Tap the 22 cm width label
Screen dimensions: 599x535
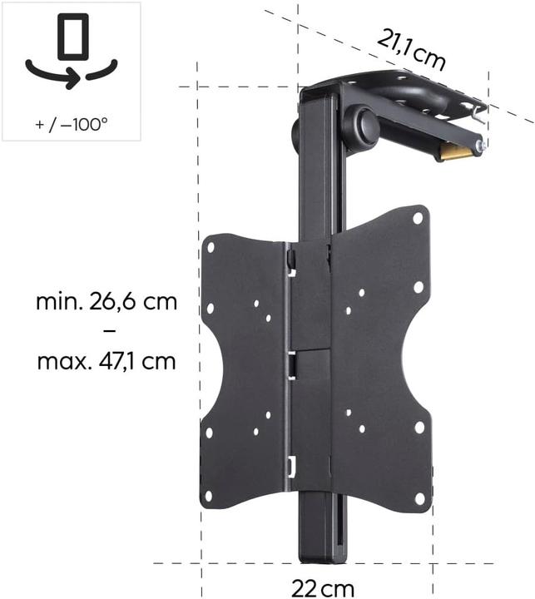[323, 588]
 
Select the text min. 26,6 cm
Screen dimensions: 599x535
[107, 301]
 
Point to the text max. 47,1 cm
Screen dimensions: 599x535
[107, 362]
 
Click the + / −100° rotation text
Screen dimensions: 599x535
[72, 125]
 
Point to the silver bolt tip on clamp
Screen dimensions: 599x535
[481, 146]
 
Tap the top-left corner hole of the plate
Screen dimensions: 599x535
[211, 247]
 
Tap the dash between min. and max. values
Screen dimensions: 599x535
[107, 331]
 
